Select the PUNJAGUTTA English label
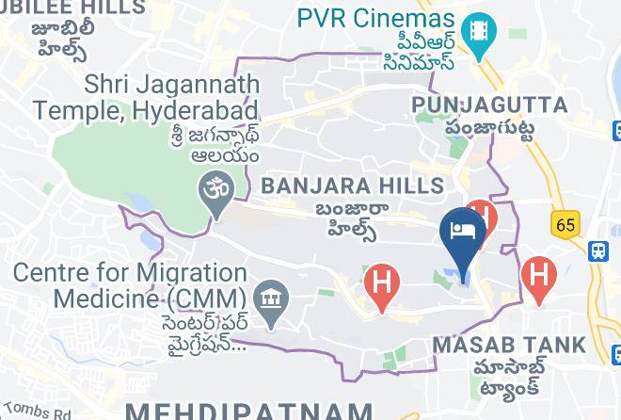pyautogui.click(x=489, y=103)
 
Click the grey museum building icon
pyautogui.click(x=271, y=300)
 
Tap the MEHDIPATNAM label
pyautogui.click(x=248, y=411)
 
